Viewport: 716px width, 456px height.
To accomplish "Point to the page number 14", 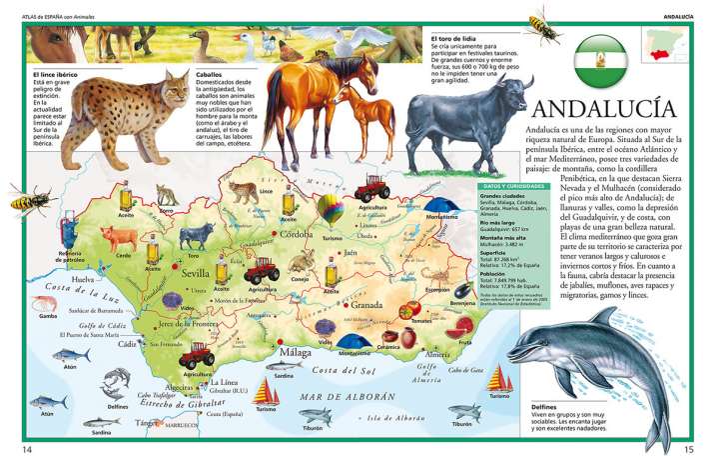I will [27, 448].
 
